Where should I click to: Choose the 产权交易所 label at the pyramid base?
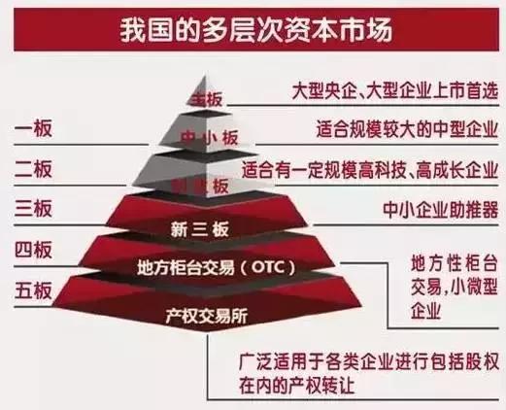pyautogui.click(x=207, y=313)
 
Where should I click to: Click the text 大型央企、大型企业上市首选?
pyautogui.click(x=394, y=90)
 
